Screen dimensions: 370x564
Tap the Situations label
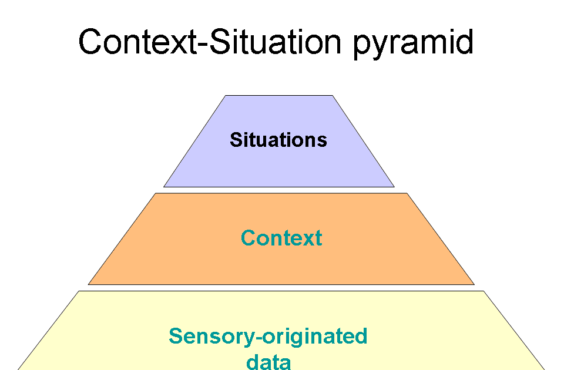[278, 140]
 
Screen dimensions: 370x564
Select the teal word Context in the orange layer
[281, 238]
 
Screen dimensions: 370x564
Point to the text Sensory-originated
[268, 337]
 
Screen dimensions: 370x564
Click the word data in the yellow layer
[268, 361]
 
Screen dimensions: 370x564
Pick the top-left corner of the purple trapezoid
[226, 96]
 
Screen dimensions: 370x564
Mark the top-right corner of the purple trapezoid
[333, 96]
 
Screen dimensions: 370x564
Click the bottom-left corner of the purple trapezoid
[164, 187]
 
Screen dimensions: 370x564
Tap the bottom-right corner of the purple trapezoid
[394, 187]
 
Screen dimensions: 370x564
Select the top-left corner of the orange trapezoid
[155, 193]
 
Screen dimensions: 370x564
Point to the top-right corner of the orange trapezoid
[407, 193]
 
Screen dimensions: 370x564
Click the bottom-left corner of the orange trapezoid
[89, 284]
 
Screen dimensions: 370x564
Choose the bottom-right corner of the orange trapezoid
[474, 284]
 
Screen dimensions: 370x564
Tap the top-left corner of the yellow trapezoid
[79, 291]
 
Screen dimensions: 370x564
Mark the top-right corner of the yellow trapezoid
[484, 291]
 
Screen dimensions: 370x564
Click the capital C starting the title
[92, 42]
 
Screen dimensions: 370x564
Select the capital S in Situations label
[236, 140]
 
